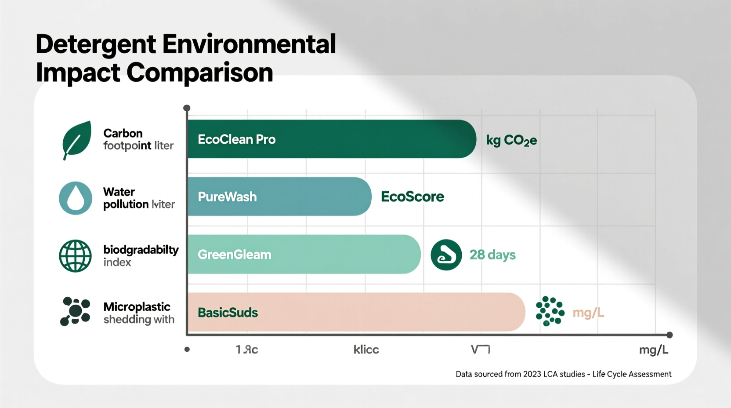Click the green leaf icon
[77, 139]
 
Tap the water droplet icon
[76, 198]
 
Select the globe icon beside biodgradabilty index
[76, 256]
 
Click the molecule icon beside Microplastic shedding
[75, 311]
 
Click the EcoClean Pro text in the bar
[236, 139]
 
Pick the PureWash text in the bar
[227, 197]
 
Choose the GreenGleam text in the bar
[234, 255]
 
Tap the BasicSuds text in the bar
[228, 313]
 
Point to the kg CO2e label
[511, 140]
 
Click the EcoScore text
[412, 197]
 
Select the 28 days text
[492, 255]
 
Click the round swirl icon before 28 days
[446, 255]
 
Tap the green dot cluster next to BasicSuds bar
[550, 311]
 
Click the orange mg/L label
[588, 313]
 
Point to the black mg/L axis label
[653, 350]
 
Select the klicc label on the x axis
[366, 350]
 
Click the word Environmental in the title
[249, 44]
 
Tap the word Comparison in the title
[200, 73]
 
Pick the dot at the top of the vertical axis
[187, 108]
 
